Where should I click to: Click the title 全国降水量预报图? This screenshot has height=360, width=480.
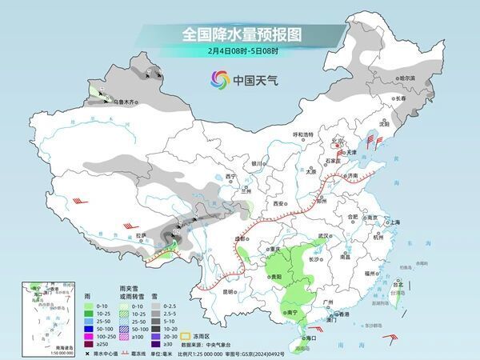click(239, 34)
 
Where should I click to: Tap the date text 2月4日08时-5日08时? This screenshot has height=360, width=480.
click(239, 53)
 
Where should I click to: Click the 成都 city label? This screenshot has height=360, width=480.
click(238, 238)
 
